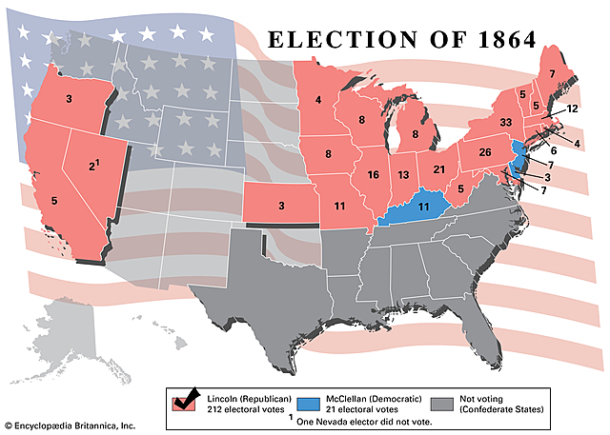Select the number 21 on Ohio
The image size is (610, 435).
(439, 169)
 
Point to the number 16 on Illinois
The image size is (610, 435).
(374, 174)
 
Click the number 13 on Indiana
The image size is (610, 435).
(404, 175)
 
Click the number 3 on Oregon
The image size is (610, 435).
(69, 98)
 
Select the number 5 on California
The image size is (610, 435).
(54, 201)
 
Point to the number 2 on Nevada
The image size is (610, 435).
(92, 167)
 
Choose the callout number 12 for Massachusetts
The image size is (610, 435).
(572, 109)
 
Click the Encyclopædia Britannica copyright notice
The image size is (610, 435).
(70, 425)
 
